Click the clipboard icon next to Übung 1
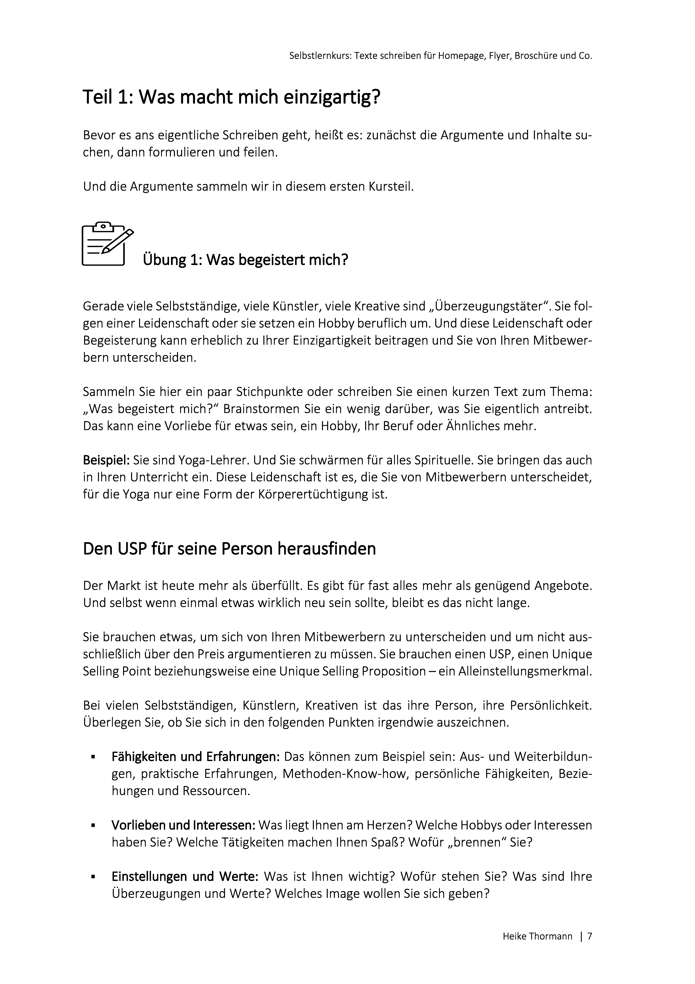[x=105, y=244]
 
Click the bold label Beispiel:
[x=106, y=461]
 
